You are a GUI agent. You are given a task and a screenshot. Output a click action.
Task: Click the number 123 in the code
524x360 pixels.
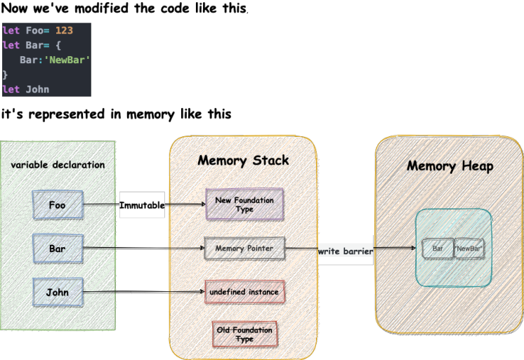pos(64,31)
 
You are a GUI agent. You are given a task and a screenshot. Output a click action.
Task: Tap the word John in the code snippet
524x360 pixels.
pos(37,89)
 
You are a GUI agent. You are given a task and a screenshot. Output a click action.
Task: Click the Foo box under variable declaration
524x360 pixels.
pos(58,205)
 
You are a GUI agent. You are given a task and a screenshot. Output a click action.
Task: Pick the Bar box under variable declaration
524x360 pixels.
pos(58,248)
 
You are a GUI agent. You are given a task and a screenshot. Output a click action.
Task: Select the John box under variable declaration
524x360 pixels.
pos(58,292)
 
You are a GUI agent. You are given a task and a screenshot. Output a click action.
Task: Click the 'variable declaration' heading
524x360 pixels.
pos(58,165)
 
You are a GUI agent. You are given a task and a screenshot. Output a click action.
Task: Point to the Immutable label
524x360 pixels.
pos(142,205)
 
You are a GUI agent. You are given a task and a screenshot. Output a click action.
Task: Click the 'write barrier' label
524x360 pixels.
pos(345,250)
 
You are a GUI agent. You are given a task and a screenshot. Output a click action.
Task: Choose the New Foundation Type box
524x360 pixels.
pos(244,205)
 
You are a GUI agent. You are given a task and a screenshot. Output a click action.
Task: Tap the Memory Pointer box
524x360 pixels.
pos(244,249)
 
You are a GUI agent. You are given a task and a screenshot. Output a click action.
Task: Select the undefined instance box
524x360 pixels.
pos(244,291)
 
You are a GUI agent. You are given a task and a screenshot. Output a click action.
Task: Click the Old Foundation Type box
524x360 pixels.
pos(244,334)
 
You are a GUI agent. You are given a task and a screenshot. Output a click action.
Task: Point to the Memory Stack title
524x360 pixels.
pos(243,161)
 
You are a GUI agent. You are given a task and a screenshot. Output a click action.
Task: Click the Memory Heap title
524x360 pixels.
pos(450,166)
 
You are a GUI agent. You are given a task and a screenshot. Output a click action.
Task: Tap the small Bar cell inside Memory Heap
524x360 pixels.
pos(438,248)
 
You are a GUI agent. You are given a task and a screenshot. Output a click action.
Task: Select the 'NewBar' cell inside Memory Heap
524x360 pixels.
pos(469,248)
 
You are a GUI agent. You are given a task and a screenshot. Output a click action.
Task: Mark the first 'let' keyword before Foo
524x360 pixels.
pos(11,31)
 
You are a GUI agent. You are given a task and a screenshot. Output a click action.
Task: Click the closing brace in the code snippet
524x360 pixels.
pos(6,74)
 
